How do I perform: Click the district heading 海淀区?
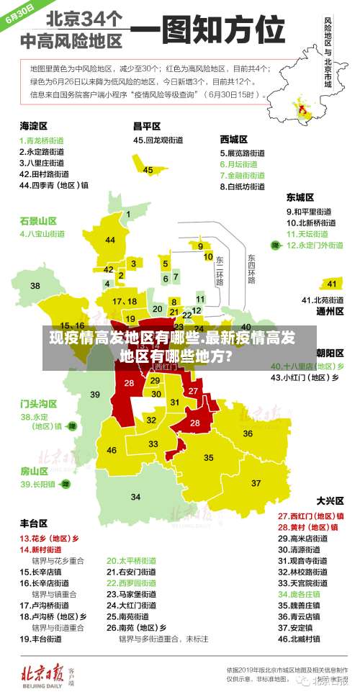pos(34,125)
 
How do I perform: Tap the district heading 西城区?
pos(234,138)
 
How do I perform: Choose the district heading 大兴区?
pos(330,500)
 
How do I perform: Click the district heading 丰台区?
pos(34,523)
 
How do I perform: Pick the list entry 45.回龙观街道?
pos(161,140)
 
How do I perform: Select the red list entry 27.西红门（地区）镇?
pos(310,516)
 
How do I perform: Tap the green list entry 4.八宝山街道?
pos(42,233)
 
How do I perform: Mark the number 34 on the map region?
pos(135,497)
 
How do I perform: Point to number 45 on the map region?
pos(148,170)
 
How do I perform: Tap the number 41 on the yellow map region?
pos(331,284)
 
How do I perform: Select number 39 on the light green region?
pos(94,394)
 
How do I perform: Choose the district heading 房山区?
pos(34,471)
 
